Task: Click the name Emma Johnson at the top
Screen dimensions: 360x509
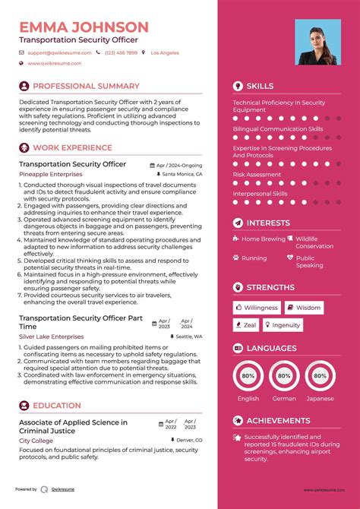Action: pyautogui.click(x=84, y=27)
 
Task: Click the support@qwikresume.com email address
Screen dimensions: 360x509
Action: pyautogui.click(x=60, y=53)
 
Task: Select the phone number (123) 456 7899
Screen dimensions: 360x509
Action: pyautogui.click(x=121, y=53)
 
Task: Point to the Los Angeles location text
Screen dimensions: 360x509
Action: pyautogui.click(x=165, y=53)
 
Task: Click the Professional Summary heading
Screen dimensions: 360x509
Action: pyautogui.click(x=86, y=87)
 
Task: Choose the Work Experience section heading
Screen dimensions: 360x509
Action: pyautogui.click(x=72, y=148)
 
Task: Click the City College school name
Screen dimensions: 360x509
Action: pyautogui.click(x=36, y=441)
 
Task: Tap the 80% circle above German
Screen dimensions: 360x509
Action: pyautogui.click(x=285, y=375)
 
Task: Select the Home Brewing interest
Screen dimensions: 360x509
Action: pyautogui.click(x=263, y=239)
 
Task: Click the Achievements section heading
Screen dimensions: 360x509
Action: pyautogui.click(x=278, y=421)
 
